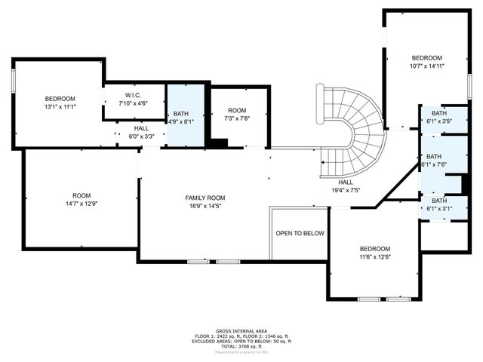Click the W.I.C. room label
[133, 95]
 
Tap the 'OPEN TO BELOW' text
[300, 234]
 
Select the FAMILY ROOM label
[205, 198]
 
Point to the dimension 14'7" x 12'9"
[81, 204]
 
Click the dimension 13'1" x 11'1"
[60, 107]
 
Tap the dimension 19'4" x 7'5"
[346, 190]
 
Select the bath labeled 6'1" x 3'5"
[439, 121]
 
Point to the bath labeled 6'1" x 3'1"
[438, 209]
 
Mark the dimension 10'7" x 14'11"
[426, 66]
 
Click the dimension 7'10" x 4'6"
[133, 103]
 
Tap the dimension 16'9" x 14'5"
[205, 206]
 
